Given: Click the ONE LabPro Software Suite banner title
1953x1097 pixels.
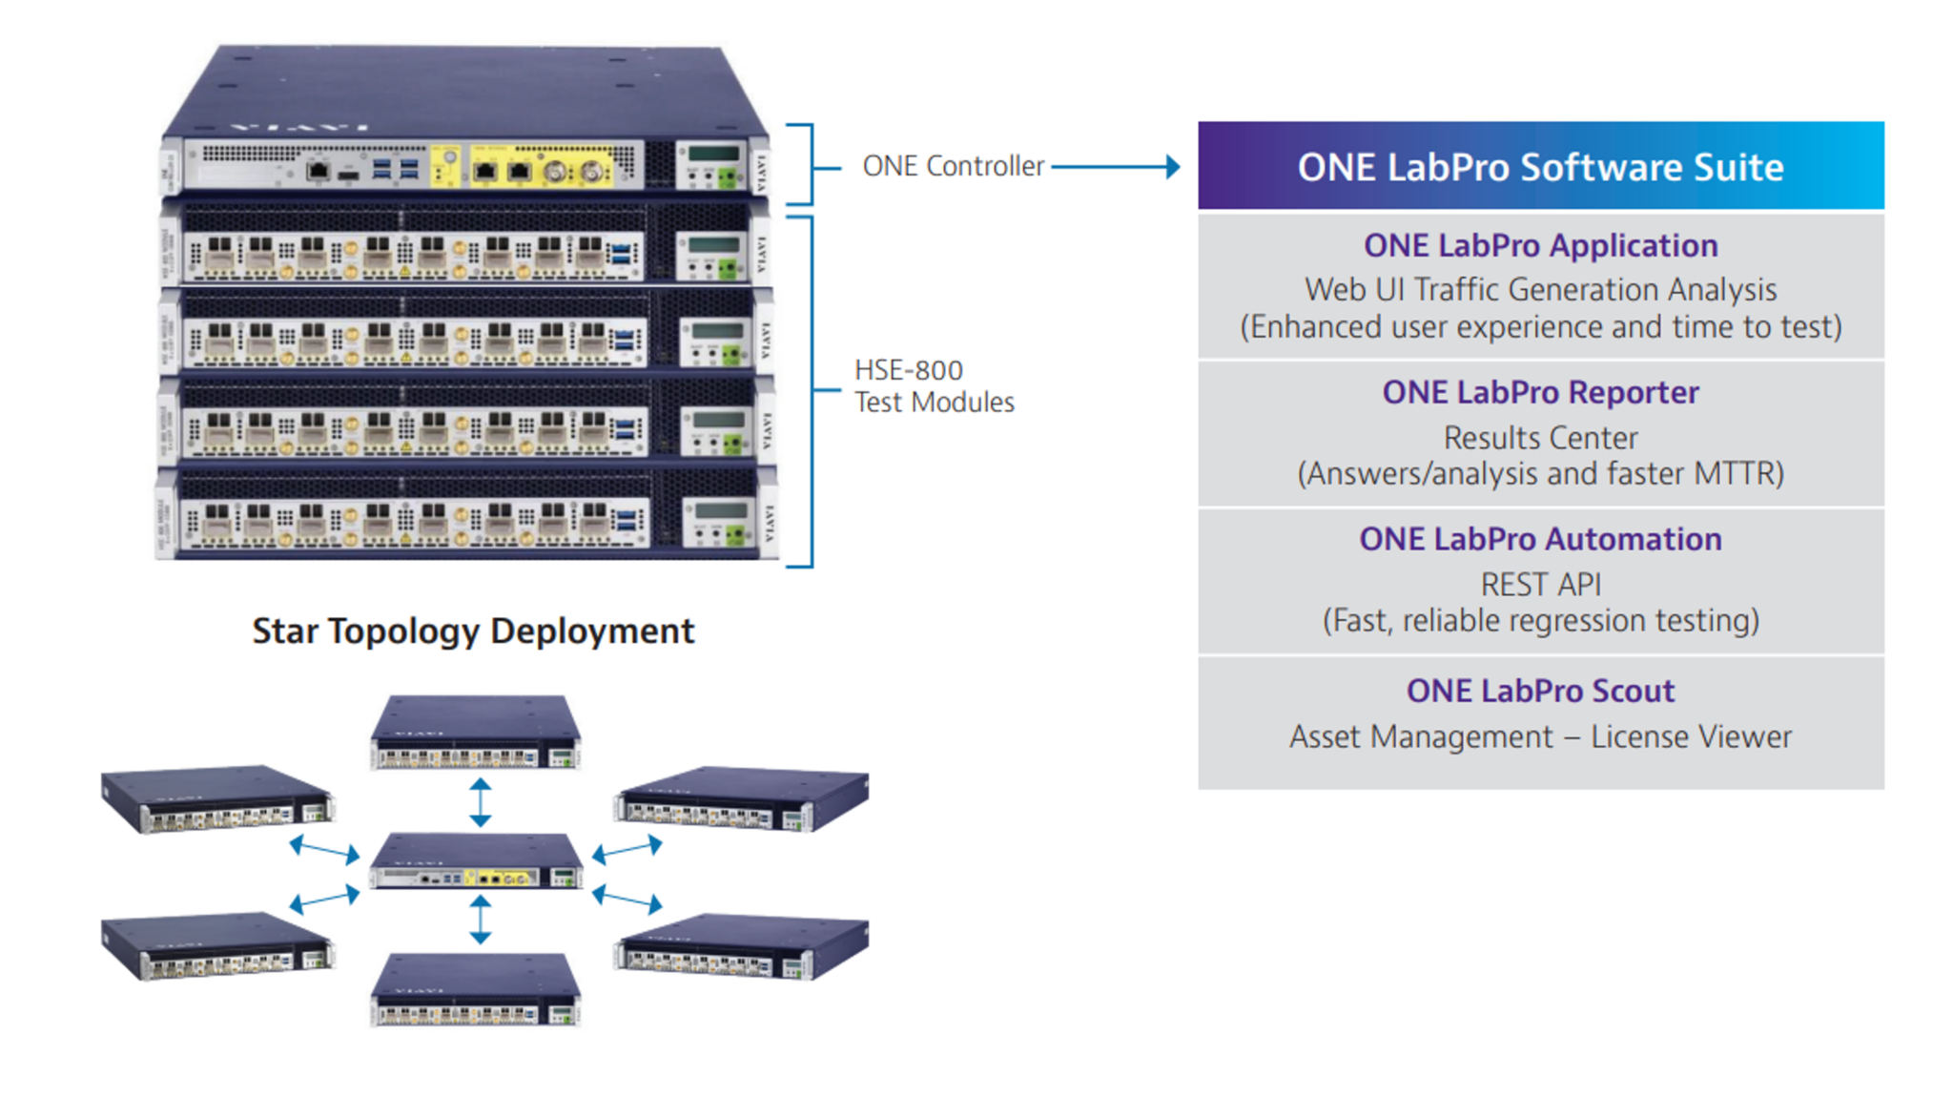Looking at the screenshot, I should pyautogui.click(x=1539, y=167).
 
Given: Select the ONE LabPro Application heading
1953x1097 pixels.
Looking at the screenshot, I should pyautogui.click(x=1539, y=246).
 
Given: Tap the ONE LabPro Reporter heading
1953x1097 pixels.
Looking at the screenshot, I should pyautogui.click(x=1539, y=393).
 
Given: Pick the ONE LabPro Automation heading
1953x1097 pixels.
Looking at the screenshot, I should pyautogui.click(x=1539, y=540).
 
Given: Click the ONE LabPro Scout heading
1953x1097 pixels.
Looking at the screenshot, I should pyautogui.click(x=1539, y=691).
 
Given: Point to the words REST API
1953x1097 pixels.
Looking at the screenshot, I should pyautogui.click(x=1539, y=584).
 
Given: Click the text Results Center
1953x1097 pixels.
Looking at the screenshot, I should pyautogui.click(x=1539, y=438).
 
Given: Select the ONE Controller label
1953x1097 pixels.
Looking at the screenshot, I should pyautogui.click(x=952, y=167).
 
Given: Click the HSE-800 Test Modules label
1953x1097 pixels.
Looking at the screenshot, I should pyautogui.click(x=933, y=386).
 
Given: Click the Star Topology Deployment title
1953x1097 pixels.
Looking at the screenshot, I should pyautogui.click(x=473, y=631).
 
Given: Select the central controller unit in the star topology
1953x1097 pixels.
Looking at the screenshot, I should pyautogui.click(x=475, y=861).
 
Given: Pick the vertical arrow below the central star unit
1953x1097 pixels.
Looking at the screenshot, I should pyautogui.click(x=480, y=920).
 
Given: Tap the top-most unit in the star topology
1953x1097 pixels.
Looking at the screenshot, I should pyautogui.click(x=475, y=734).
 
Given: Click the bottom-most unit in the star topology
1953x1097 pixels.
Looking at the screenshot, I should pyautogui.click(x=475, y=991).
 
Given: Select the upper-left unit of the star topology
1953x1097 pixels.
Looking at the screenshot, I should pyautogui.click(x=217, y=798).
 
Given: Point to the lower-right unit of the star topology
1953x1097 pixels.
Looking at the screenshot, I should pyautogui.click(x=742, y=946).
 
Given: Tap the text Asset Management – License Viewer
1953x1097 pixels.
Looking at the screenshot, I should pyautogui.click(x=1539, y=737).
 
